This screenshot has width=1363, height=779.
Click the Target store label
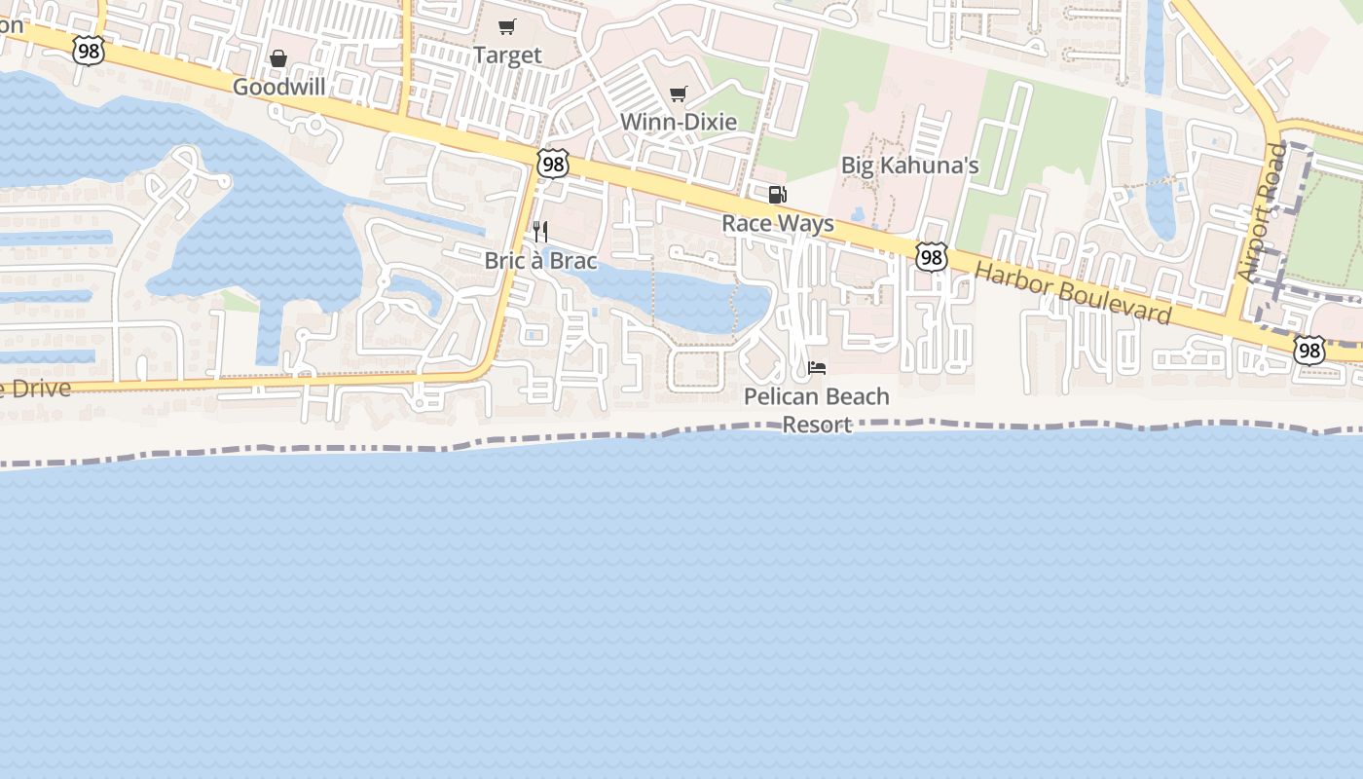[507, 56]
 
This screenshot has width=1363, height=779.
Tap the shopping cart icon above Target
[507, 27]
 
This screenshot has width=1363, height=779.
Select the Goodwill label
[278, 88]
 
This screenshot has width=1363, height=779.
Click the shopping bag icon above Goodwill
[278, 59]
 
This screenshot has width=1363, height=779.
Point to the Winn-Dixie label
[679, 122]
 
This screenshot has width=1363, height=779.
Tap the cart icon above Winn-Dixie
[679, 94]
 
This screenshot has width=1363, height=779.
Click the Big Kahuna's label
[909, 166]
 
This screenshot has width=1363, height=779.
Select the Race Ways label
[778, 224]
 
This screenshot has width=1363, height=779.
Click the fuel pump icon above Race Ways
[778, 195]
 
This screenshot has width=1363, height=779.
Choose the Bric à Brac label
[540, 261]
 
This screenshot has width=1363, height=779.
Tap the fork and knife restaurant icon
[540, 232]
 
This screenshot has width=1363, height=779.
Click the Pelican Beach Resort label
[817, 410]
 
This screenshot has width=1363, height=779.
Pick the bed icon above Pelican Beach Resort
[817, 368]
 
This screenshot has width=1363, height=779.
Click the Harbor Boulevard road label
[1073, 292]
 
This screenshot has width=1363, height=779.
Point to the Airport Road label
[1263, 213]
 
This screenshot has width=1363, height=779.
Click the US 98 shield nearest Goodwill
[89, 52]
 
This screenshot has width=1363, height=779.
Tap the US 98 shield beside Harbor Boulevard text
[932, 256]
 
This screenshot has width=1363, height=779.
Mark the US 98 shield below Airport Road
[1309, 350]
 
